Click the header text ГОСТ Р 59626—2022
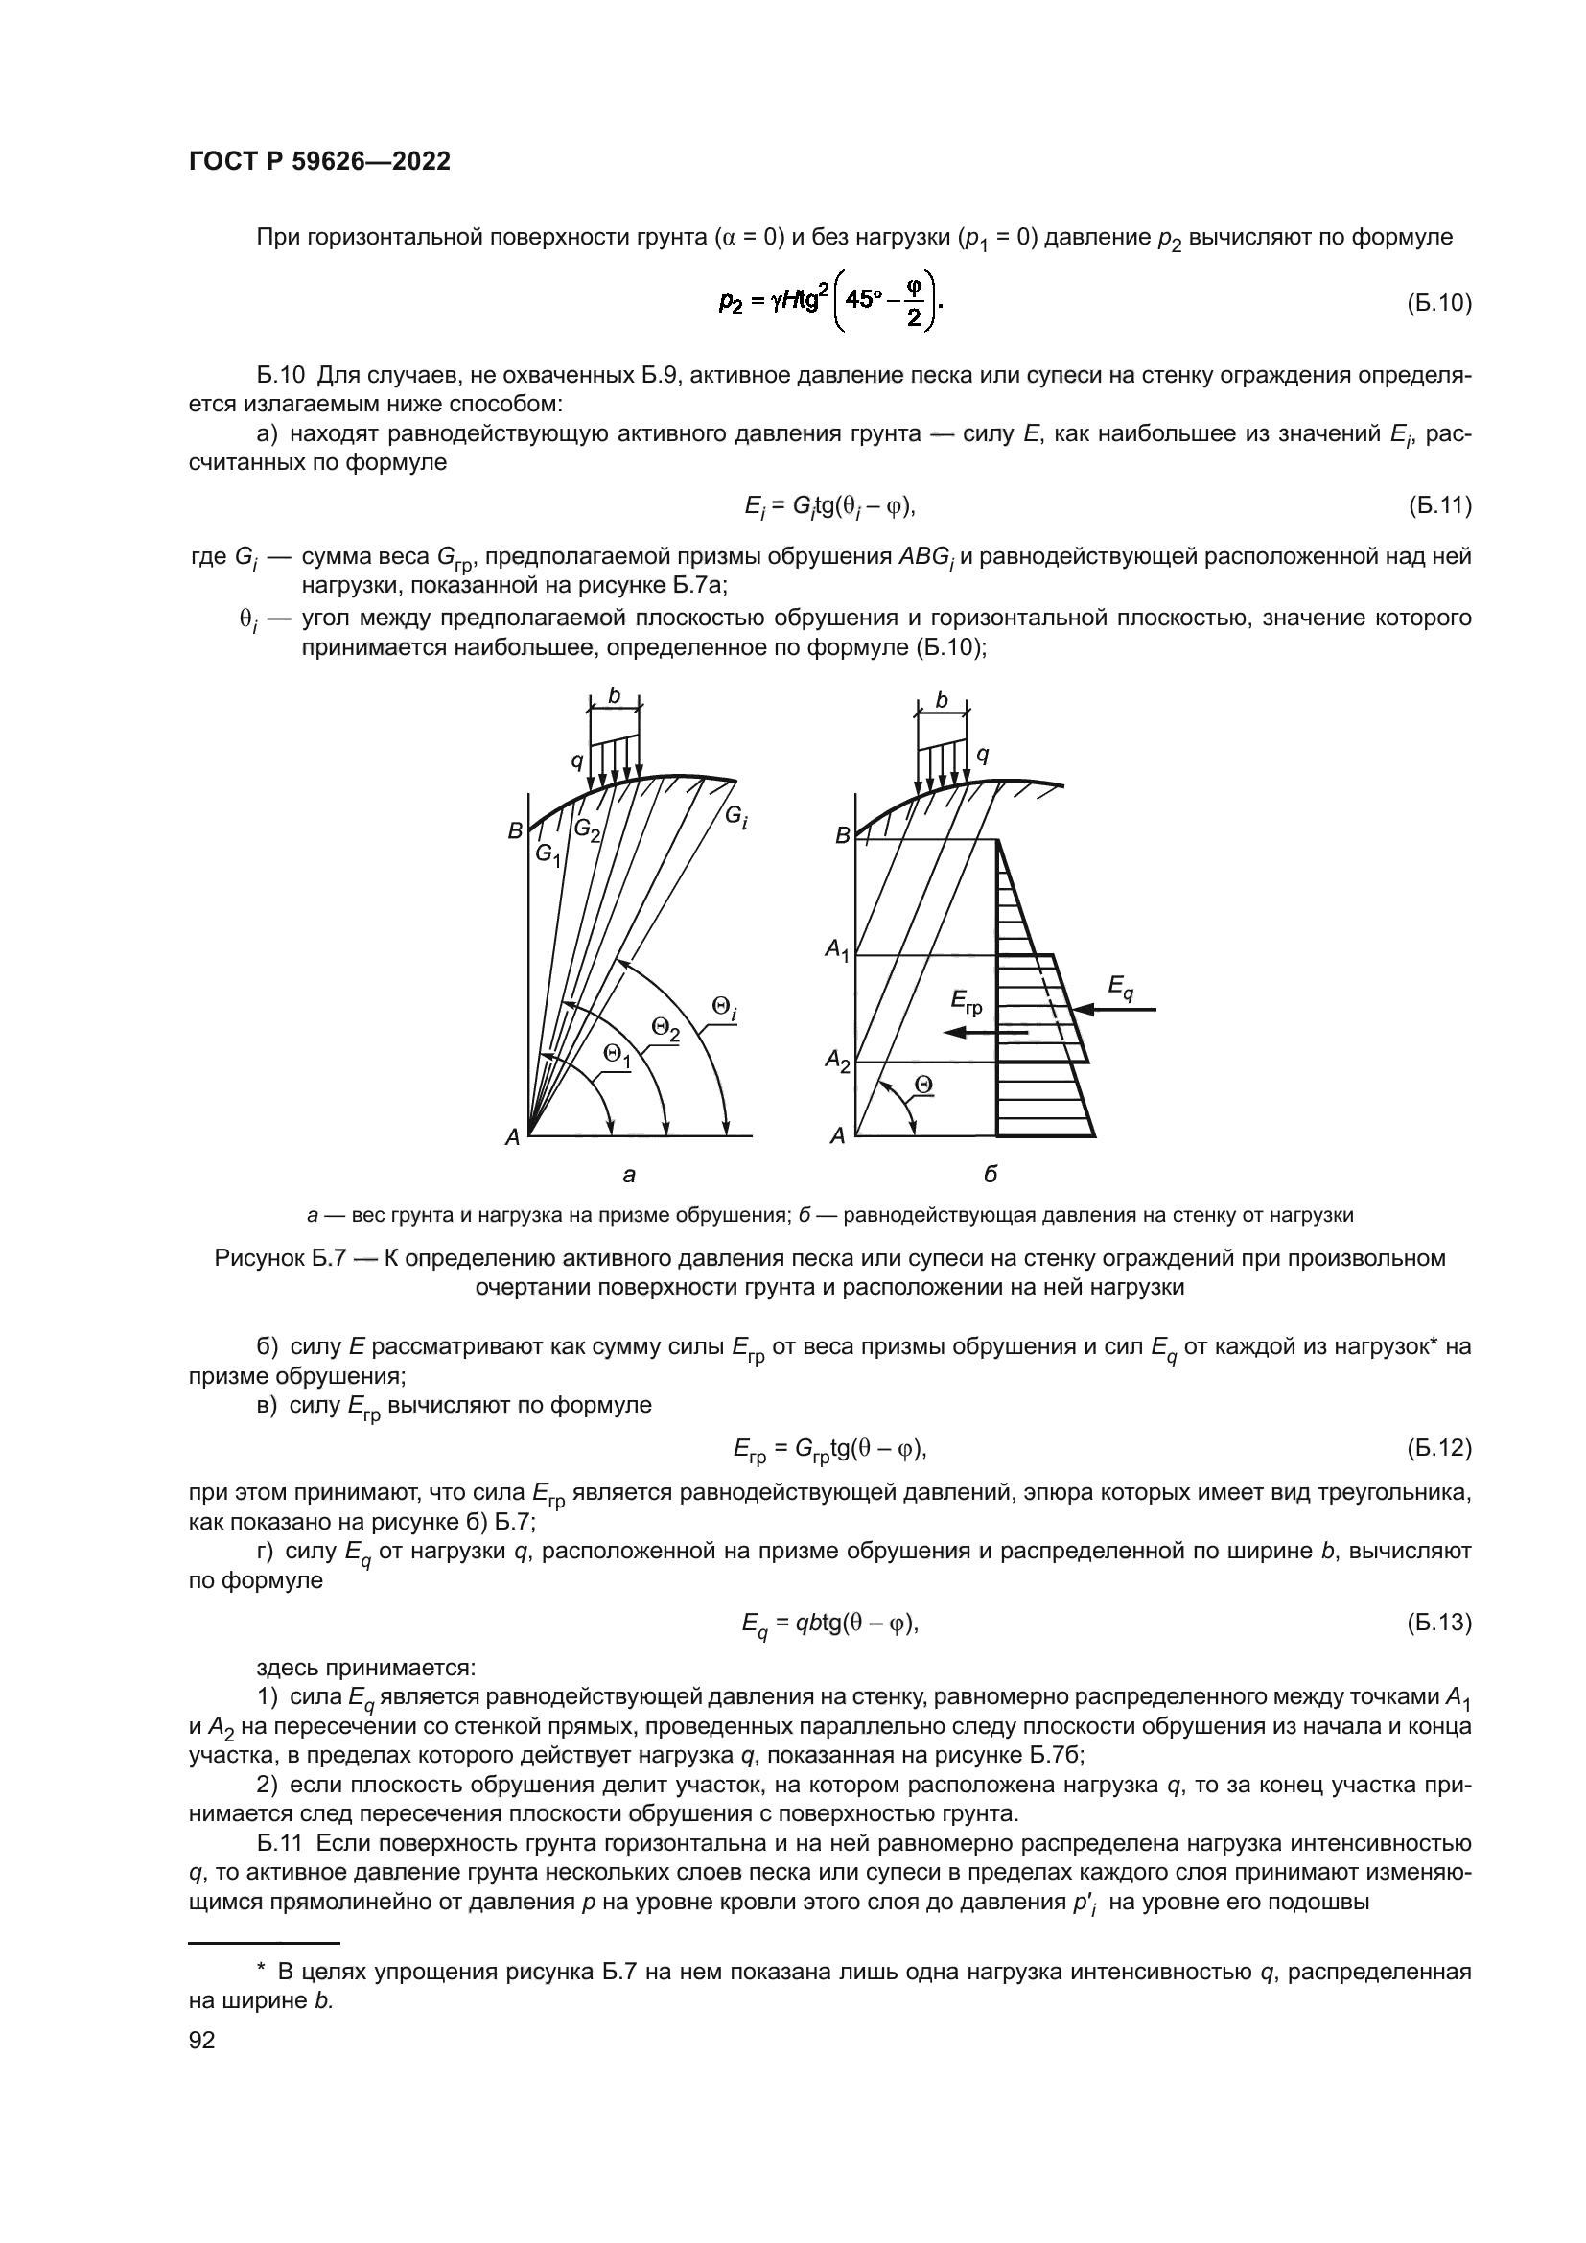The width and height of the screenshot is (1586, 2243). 319,162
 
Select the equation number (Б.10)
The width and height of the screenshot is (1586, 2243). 1438,303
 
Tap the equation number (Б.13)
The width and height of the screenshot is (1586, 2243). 1438,1624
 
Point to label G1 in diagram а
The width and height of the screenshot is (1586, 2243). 548,854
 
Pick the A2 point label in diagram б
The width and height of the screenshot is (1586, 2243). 838,1059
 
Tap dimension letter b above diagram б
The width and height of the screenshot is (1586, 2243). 942,700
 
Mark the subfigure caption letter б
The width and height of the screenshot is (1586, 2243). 991,1175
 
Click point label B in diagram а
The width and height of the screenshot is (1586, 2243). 515,832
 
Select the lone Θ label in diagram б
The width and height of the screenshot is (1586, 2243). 922,1085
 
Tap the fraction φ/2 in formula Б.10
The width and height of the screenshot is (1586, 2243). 913,303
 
